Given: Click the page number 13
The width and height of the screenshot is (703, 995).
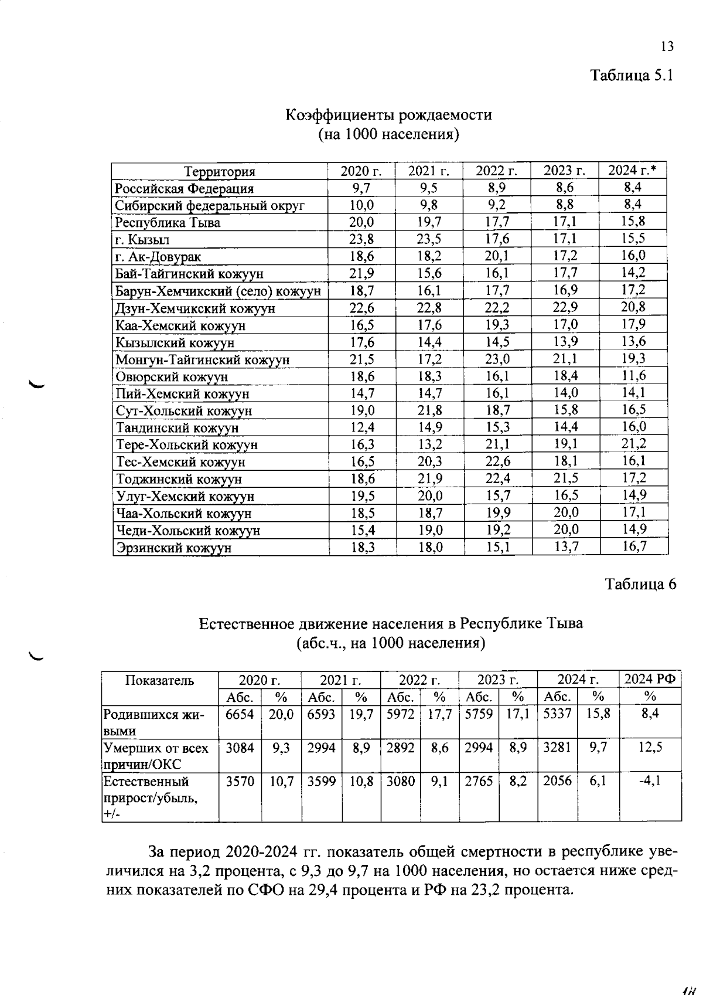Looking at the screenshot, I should click(x=667, y=47).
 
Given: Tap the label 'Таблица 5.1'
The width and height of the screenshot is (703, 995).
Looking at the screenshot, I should click(x=632, y=76).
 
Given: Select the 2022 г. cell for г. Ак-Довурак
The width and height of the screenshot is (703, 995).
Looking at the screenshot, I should click(x=497, y=256).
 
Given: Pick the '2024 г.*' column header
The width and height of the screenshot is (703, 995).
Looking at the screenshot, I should click(x=632, y=171).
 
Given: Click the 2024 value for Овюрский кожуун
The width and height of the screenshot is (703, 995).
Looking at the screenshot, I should click(x=633, y=375).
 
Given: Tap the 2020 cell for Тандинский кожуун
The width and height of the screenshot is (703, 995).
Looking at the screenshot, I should click(x=362, y=427).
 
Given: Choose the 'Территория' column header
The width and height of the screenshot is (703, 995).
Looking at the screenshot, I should click(x=220, y=172).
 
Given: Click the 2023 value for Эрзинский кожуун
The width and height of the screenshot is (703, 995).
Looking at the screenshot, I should click(x=565, y=548).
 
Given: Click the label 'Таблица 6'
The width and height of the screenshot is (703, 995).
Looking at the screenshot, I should click(x=640, y=585).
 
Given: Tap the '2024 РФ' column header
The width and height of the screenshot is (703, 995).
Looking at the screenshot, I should click(x=650, y=680).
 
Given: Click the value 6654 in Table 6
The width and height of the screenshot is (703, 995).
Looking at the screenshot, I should click(x=240, y=714).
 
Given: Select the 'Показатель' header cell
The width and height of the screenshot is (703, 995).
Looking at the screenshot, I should click(x=159, y=681).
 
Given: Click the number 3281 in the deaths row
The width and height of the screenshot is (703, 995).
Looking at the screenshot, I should click(x=557, y=748).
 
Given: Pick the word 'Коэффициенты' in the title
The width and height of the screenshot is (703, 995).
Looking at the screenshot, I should click(x=339, y=115).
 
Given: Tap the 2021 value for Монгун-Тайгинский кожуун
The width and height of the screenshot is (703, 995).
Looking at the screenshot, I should click(x=429, y=359).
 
